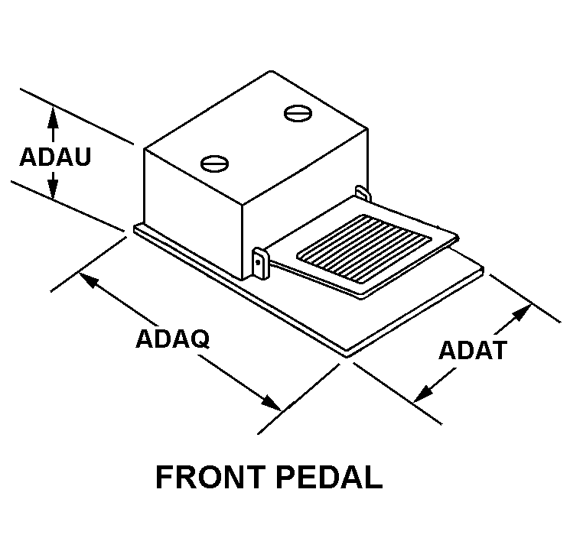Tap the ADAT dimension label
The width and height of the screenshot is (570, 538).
coord(473,350)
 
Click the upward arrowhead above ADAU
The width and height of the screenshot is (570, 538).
coord(53,115)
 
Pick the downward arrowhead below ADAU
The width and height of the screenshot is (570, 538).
coord(53,190)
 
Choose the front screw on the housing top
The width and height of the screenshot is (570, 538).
coord(213,162)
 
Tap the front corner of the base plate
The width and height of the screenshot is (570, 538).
coord(348,354)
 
